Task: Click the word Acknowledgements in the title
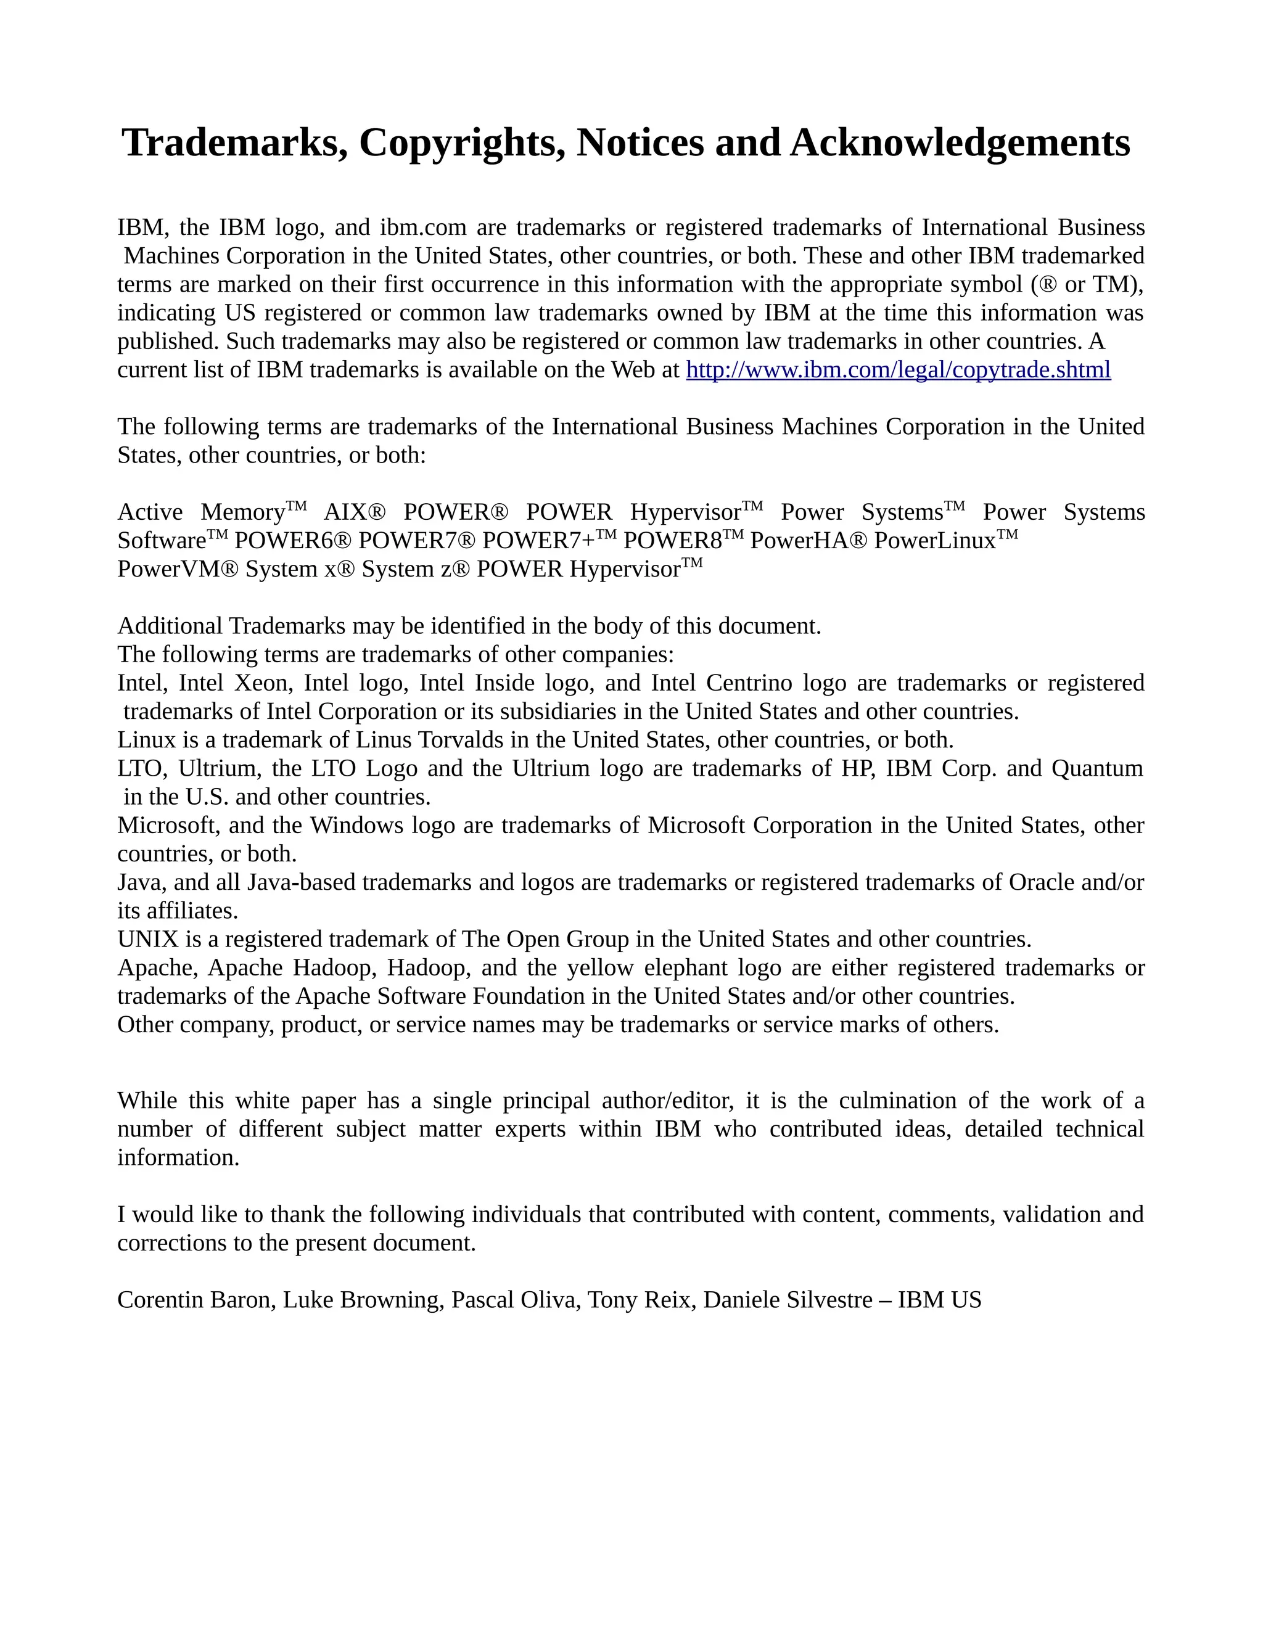pyautogui.click(x=960, y=142)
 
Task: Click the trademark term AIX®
pyautogui.click(x=355, y=512)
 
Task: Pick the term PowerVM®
pyautogui.click(x=178, y=569)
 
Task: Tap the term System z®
pyautogui.click(x=415, y=569)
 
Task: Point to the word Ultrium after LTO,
pyautogui.click(x=217, y=768)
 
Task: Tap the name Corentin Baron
pyautogui.click(x=196, y=1300)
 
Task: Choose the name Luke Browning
pyautogui.click(x=362, y=1300)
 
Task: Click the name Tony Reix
pyautogui.click(x=638, y=1300)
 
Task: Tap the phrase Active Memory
pyautogui.click(x=202, y=512)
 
